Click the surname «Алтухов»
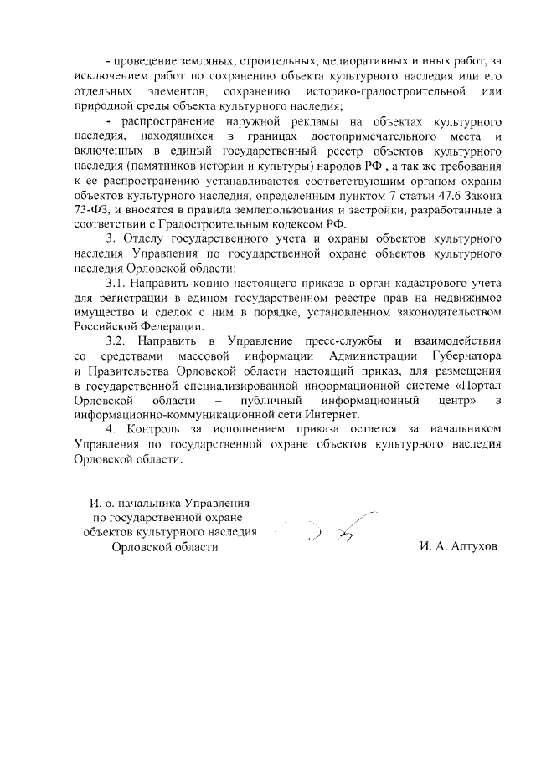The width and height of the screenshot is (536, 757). pyautogui.click(x=470, y=546)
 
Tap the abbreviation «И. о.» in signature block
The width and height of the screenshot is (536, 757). pyautogui.click(x=103, y=504)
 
